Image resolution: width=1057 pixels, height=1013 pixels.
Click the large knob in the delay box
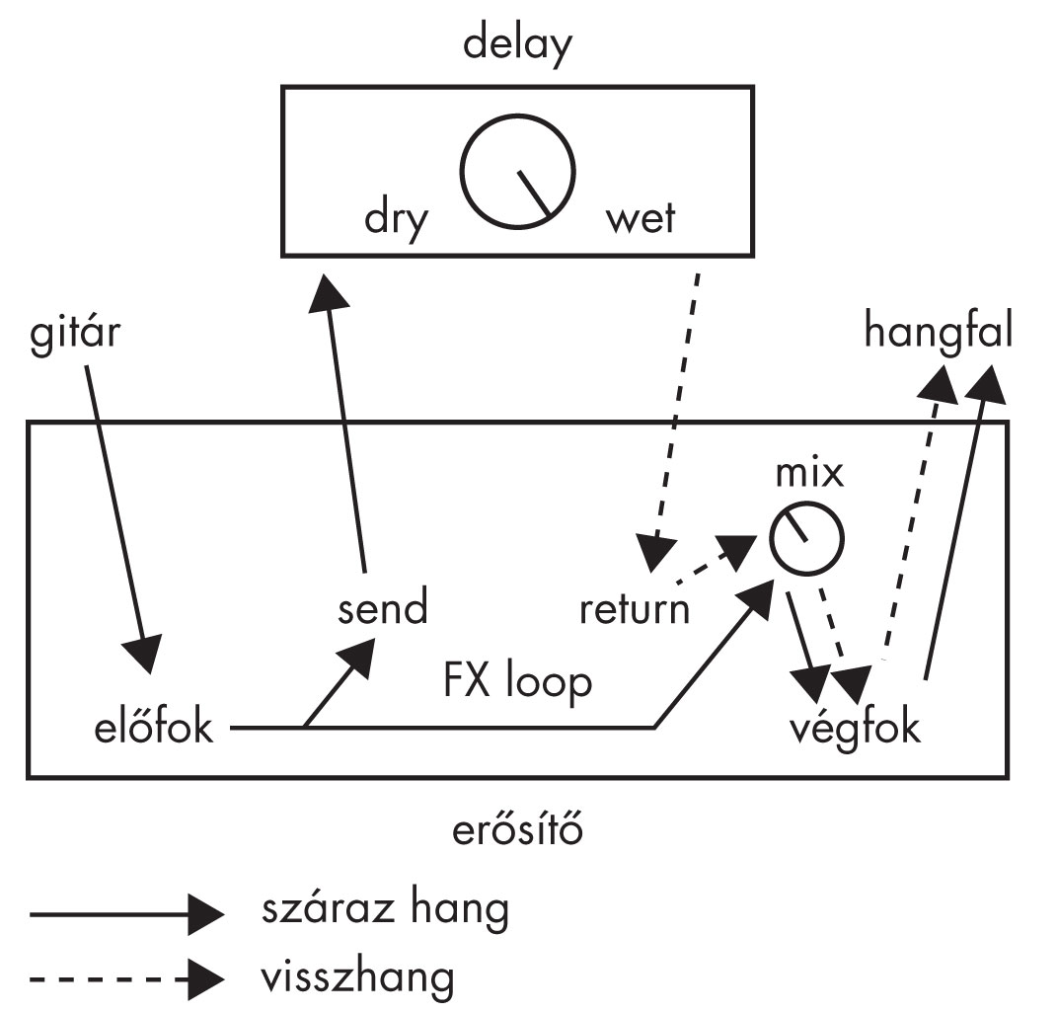pos(519,174)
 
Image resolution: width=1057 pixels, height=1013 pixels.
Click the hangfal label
pos(938,331)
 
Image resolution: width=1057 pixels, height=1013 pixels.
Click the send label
pos(383,607)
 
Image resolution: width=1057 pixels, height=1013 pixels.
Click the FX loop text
pos(517,682)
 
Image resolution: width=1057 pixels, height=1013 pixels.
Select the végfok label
pos(856,729)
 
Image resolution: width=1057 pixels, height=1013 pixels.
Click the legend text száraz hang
pos(385,908)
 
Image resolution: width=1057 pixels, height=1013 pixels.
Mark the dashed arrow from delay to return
pos(675,415)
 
